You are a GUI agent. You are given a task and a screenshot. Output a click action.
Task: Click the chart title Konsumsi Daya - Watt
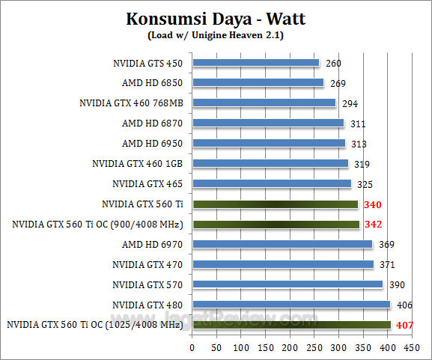click(216, 18)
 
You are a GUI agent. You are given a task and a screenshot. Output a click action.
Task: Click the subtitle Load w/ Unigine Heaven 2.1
click(216, 34)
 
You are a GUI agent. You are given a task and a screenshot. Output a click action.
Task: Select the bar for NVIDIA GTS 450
click(255, 63)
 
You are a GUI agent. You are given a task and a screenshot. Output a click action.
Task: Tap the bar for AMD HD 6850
click(258, 83)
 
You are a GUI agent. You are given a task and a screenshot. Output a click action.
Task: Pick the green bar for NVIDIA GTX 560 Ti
click(275, 204)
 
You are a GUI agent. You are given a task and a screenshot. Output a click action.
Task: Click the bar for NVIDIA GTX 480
click(291, 305)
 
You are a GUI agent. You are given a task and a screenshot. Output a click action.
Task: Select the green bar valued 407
click(291, 325)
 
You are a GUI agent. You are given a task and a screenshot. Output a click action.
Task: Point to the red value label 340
click(372, 204)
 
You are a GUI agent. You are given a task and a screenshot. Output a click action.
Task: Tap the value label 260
click(333, 64)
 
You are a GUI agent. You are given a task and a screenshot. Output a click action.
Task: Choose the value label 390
click(397, 284)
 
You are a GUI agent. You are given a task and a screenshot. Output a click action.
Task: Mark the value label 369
click(386, 244)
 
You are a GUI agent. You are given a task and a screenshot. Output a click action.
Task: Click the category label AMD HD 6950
click(153, 143)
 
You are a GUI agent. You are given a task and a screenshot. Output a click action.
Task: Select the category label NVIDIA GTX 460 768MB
click(132, 103)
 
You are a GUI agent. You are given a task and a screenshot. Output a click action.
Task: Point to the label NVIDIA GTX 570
click(147, 284)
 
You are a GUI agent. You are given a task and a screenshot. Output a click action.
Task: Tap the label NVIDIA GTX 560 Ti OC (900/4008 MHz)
click(98, 224)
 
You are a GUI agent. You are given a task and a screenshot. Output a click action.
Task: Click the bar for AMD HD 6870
click(268, 123)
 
